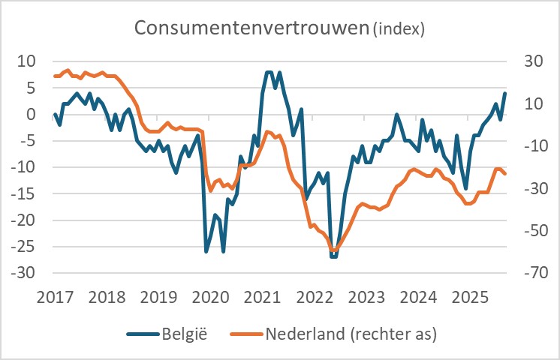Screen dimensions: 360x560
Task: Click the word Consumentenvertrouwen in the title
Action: tap(251, 28)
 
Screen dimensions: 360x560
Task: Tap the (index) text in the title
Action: tap(398, 29)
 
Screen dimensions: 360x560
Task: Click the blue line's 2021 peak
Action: tap(269, 72)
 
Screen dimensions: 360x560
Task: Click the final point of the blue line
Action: tap(504, 94)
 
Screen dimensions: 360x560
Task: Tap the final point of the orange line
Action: tap(505, 174)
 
